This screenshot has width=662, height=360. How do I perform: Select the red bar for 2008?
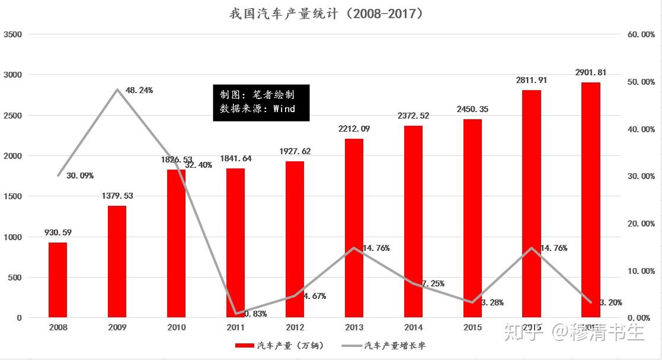click(57, 279)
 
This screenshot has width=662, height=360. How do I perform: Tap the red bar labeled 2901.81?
click(591, 199)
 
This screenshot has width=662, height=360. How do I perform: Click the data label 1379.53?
click(117, 195)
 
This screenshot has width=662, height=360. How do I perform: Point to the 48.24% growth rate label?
click(139, 91)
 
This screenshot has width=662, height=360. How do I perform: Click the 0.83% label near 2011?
click(255, 314)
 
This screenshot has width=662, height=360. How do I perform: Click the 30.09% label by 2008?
click(80, 176)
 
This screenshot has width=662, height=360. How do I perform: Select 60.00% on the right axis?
click(641, 34)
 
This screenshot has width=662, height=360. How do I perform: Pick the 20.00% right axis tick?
click(641, 224)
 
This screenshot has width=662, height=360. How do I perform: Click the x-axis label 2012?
click(295, 327)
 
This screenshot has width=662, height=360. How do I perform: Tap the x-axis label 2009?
click(117, 327)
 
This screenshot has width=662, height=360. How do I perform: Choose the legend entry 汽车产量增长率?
click(395, 346)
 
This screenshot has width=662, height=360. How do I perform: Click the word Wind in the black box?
click(284, 109)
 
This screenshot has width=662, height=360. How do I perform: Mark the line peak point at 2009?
click(117, 90)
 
